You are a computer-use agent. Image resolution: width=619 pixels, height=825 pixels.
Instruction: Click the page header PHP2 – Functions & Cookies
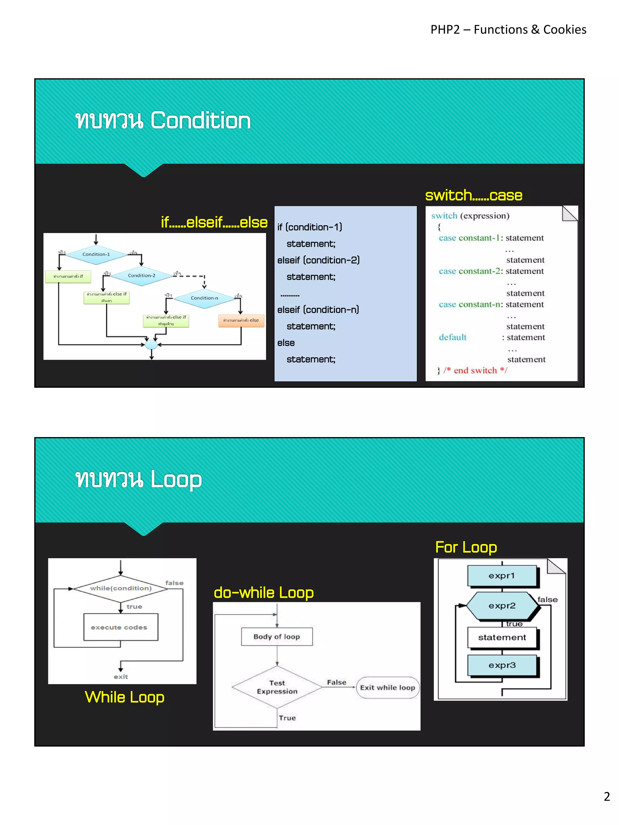(508, 30)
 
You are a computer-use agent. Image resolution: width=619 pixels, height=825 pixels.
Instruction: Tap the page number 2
(607, 796)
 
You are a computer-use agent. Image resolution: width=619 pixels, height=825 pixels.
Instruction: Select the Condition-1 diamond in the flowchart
(96, 254)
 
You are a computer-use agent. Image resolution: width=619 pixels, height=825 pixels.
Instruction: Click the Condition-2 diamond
(141, 276)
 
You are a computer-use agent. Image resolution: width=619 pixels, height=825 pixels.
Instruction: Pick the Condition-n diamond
(204, 298)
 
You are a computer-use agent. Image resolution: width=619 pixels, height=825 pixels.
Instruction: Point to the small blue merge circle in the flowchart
(151, 344)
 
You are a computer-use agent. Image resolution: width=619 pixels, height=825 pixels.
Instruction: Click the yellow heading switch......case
(474, 195)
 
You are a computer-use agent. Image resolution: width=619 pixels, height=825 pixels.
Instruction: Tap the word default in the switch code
(452, 337)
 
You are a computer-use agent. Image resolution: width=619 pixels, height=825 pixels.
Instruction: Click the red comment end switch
(475, 370)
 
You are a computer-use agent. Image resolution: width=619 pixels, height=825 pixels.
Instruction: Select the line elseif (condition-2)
(318, 260)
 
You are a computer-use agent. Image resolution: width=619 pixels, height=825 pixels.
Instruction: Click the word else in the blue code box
(286, 343)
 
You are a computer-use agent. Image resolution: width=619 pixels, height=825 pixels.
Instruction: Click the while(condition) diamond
(121, 588)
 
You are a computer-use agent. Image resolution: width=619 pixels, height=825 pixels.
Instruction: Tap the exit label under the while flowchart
(121, 677)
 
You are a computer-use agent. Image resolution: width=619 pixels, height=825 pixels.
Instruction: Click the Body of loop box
(277, 637)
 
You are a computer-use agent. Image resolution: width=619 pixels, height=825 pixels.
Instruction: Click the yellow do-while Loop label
(264, 593)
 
